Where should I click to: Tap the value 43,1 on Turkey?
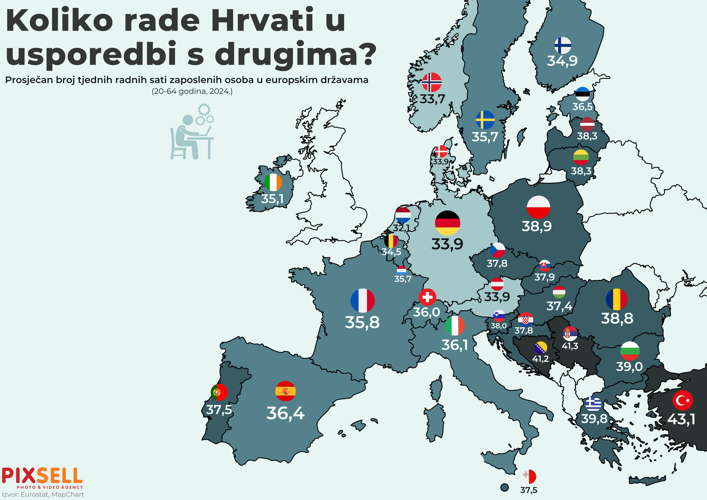tap(681, 419)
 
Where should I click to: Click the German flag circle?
tap(447, 223)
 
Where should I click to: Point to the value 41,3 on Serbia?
tap(570, 346)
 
